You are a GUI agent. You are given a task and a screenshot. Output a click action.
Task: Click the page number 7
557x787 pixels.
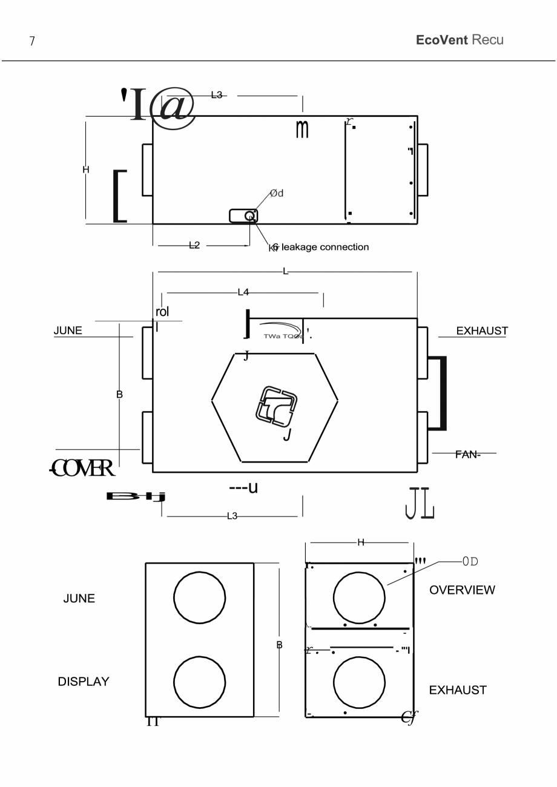(32, 41)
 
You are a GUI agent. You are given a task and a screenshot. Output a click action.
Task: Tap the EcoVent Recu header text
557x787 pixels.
(460, 40)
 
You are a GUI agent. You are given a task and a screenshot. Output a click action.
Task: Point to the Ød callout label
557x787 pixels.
(276, 193)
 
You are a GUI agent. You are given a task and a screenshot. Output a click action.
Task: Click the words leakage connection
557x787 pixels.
(325, 247)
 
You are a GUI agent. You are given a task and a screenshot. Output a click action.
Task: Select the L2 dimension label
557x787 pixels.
(194, 245)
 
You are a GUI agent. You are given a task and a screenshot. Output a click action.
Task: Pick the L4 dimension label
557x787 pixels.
(243, 292)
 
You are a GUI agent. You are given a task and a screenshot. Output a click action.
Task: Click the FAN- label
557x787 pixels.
(467, 454)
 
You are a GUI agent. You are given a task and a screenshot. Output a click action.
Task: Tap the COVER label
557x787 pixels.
(82, 468)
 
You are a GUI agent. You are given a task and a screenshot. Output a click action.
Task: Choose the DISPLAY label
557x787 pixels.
(84, 682)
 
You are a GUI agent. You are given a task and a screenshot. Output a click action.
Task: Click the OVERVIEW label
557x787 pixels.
(462, 590)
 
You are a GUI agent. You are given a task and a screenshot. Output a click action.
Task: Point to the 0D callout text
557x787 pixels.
(470, 561)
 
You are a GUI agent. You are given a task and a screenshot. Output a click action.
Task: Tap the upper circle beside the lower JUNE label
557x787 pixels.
(200, 597)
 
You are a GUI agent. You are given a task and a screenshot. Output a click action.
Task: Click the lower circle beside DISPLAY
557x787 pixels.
(200, 682)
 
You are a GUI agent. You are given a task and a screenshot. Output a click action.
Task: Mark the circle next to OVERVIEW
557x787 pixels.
(359, 597)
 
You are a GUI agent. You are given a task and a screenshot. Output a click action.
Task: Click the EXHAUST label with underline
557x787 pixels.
(482, 331)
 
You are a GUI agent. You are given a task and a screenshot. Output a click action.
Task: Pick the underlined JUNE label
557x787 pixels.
(68, 331)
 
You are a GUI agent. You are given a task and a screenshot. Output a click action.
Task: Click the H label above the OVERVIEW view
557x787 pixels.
(361, 542)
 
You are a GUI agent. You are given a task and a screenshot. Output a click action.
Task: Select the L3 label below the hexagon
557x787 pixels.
(232, 516)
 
